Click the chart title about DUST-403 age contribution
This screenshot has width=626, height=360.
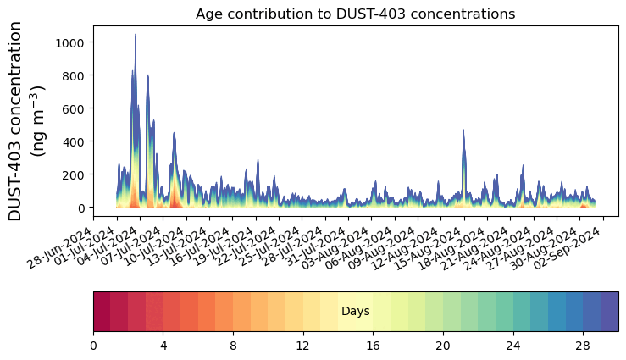click(x=355, y=14)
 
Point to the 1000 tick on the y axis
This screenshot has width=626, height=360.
click(x=70, y=42)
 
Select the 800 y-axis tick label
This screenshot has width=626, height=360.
click(x=74, y=75)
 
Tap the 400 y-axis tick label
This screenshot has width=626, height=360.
click(x=74, y=141)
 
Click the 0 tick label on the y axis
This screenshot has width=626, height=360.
click(x=82, y=208)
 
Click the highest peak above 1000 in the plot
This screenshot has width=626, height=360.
click(x=135, y=36)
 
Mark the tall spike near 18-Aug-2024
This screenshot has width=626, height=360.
click(x=463, y=130)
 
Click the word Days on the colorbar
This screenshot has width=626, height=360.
click(x=355, y=312)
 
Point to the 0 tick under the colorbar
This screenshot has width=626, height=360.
click(x=93, y=346)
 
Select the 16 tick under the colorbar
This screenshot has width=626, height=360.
click(x=373, y=346)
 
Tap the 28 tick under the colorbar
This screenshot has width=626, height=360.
click(x=583, y=346)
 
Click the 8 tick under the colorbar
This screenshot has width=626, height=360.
click(x=233, y=346)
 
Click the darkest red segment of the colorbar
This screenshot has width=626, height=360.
click(x=102, y=312)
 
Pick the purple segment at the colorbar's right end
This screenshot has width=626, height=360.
click(x=609, y=312)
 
